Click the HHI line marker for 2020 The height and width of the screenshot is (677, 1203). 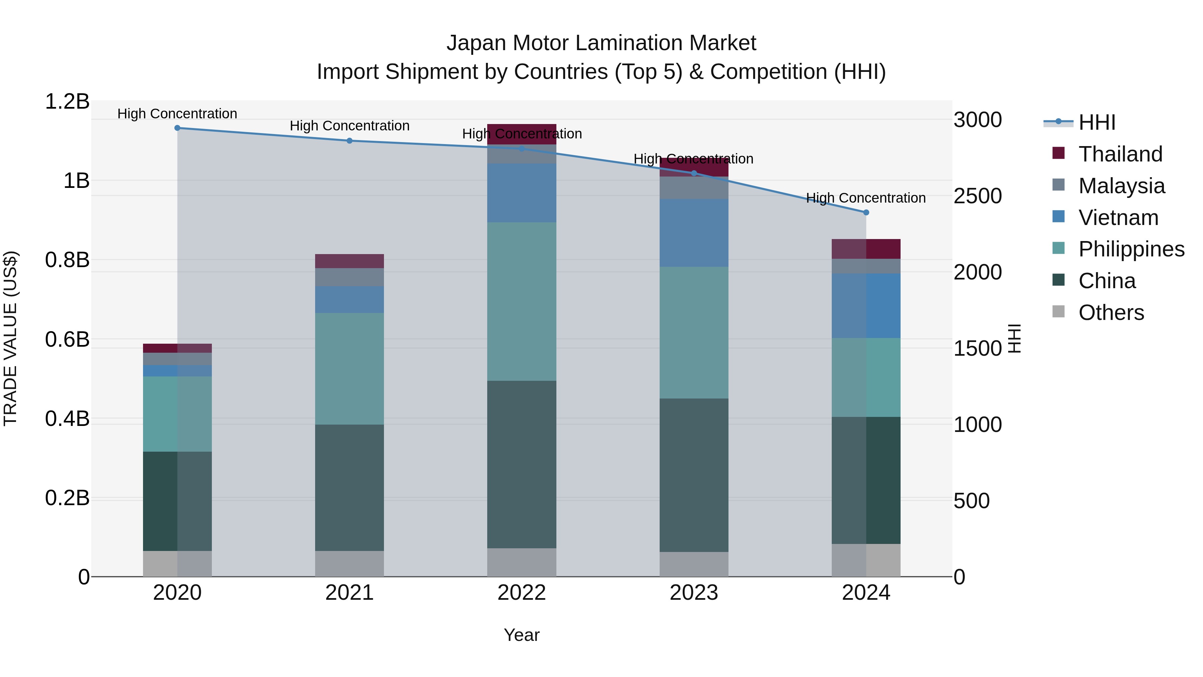[x=177, y=128]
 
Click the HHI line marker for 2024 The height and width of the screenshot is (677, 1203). [x=866, y=213]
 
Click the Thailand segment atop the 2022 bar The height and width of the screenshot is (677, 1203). [x=522, y=134]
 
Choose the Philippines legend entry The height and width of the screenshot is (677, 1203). [x=1131, y=249]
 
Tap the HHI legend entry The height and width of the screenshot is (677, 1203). [x=1096, y=122]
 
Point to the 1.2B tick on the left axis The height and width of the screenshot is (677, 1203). [x=67, y=101]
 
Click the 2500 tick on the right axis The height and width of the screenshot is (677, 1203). [x=977, y=196]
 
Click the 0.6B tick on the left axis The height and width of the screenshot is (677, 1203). [x=67, y=340]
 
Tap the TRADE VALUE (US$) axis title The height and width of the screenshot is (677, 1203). [x=11, y=338]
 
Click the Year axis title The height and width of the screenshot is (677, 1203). [x=522, y=635]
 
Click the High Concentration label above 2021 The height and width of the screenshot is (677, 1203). [x=349, y=126]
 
